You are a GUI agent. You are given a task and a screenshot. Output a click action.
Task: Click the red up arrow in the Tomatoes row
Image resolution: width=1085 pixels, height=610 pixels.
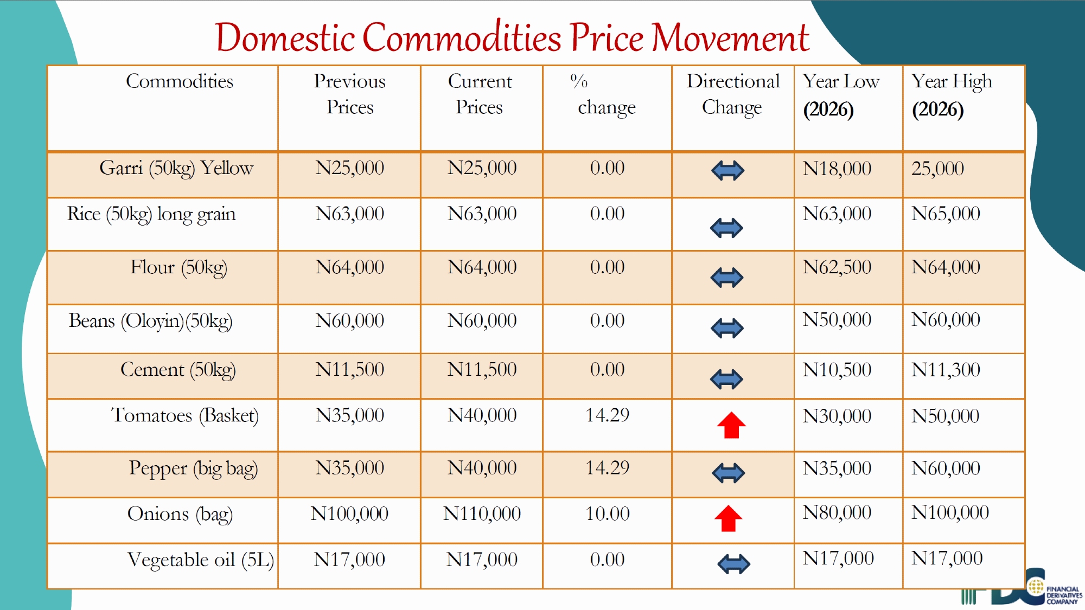pos(731,425)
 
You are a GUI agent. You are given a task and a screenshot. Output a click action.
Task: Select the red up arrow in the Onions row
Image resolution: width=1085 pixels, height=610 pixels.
pos(728,518)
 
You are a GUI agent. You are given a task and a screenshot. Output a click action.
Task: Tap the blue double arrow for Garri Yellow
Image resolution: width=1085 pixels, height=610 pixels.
pos(727,171)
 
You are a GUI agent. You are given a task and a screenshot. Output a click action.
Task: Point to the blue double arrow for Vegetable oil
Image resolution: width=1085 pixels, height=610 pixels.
pos(733,564)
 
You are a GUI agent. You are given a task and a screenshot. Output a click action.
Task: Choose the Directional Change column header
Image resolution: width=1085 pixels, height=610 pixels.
pos(733,94)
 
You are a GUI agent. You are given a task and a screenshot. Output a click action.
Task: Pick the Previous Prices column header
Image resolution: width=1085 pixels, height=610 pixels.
pos(349,94)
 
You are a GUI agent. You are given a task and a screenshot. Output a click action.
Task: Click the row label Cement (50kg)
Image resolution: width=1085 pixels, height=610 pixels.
pos(178,370)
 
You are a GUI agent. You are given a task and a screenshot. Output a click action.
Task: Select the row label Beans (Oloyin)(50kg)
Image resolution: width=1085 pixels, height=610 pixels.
pos(150,321)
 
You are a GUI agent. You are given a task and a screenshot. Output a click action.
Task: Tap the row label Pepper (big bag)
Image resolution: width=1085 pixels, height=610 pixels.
pos(193,468)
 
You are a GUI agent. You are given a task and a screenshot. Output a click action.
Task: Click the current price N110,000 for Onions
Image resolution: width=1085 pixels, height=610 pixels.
pos(482,513)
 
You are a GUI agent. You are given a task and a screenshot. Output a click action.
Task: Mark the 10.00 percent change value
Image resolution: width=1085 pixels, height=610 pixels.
pos(607,513)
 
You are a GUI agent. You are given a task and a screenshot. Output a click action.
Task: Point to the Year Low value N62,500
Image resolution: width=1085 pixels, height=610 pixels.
pos(837,267)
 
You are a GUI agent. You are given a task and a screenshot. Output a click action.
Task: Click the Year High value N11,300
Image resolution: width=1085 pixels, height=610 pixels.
pos(946,370)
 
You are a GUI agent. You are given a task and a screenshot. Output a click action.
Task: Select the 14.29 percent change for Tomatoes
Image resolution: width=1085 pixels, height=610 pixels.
pos(607,415)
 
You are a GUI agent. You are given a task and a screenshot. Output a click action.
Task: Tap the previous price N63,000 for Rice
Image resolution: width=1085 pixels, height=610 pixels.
pos(349,214)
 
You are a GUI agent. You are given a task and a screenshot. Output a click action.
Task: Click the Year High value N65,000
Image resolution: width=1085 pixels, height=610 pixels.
pos(946,214)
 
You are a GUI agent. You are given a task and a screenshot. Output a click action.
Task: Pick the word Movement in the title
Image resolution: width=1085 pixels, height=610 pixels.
pos(730,38)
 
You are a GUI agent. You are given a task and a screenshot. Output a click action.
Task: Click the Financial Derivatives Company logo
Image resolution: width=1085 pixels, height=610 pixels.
pos(1031,588)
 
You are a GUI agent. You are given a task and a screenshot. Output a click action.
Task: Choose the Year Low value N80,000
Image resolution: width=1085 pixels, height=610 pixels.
pos(837,512)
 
